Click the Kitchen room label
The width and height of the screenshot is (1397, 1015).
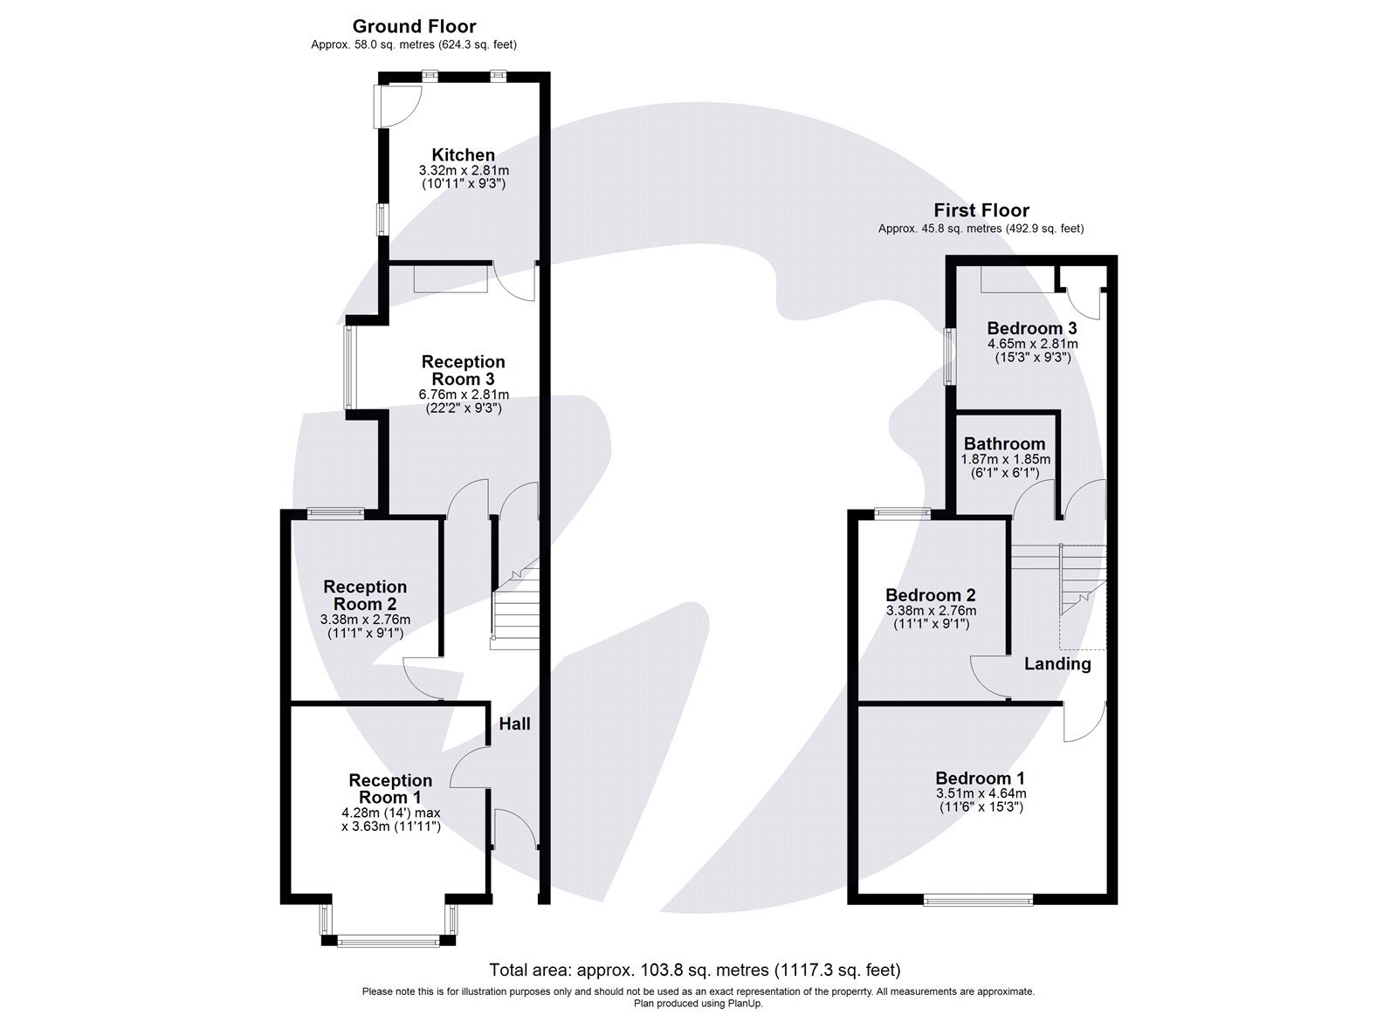[463, 155]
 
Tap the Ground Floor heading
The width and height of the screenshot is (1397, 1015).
[414, 26]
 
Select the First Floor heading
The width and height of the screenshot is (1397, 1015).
[981, 210]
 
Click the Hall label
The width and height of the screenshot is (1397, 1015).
[514, 724]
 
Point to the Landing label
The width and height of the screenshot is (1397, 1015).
[1056, 664]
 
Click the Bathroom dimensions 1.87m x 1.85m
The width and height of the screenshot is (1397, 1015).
[1005, 459]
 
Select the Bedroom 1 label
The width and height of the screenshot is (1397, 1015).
[980, 778]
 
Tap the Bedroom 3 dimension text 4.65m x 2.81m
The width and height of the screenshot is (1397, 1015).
[1032, 344]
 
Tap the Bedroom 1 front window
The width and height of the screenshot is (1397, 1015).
[979, 898]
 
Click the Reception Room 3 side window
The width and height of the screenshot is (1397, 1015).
[350, 367]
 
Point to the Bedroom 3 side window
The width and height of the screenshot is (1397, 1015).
[950, 356]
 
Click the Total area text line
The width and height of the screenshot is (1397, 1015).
[694, 970]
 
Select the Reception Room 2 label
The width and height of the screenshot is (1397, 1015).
[365, 595]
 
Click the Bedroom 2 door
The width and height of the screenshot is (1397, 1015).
[988, 676]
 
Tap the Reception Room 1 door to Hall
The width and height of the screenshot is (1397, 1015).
[470, 766]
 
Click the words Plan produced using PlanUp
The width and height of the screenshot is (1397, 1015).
[698, 1004]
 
